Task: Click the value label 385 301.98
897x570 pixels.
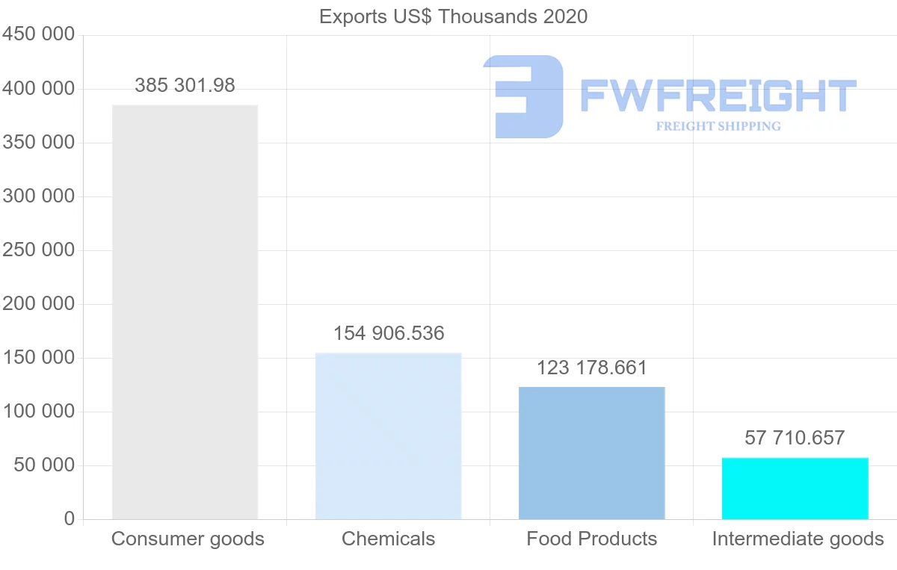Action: coord(185,86)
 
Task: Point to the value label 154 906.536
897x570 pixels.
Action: coord(389,333)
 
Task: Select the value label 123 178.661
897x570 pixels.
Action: coord(592,368)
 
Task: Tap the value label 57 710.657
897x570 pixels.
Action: coord(795,438)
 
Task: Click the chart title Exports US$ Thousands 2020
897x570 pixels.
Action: coord(453,16)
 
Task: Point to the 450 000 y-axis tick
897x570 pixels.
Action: coord(38,35)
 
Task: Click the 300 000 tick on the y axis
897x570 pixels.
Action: coord(38,196)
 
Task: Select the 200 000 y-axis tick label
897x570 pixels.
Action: coord(38,304)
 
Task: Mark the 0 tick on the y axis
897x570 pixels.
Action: coord(69,519)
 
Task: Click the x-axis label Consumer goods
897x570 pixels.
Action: coord(188,539)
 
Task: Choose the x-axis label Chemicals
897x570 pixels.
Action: coord(388,539)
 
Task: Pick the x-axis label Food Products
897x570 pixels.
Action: coord(591,539)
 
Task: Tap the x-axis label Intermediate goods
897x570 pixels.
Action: coord(798,539)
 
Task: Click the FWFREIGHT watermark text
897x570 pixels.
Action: coord(718,96)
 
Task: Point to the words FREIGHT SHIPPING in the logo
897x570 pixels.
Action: coord(718,126)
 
